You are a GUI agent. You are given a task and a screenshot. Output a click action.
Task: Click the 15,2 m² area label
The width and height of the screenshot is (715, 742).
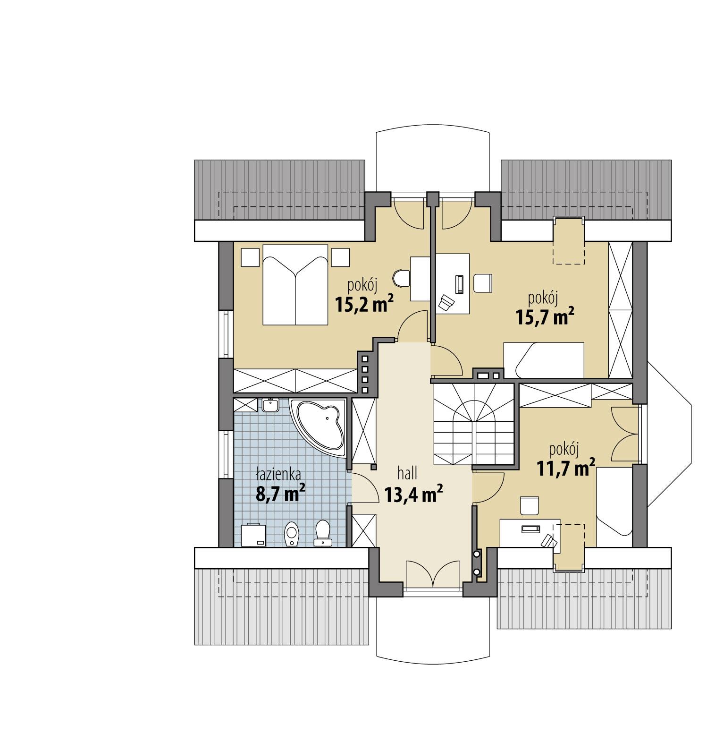364,305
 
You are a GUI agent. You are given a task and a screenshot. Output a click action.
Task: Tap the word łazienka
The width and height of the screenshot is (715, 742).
278,474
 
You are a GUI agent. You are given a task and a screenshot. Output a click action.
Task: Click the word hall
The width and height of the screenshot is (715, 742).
407,474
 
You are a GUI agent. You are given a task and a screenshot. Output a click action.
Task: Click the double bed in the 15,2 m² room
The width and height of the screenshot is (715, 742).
295,284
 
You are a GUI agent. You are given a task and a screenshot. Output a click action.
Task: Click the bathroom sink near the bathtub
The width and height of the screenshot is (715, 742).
271,405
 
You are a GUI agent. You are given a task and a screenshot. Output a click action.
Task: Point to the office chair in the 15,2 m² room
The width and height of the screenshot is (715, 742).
401,278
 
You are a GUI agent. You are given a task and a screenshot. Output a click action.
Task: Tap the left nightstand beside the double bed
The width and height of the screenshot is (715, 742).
250,258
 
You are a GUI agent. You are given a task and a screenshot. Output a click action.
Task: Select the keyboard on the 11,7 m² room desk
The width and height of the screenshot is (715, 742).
533,529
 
